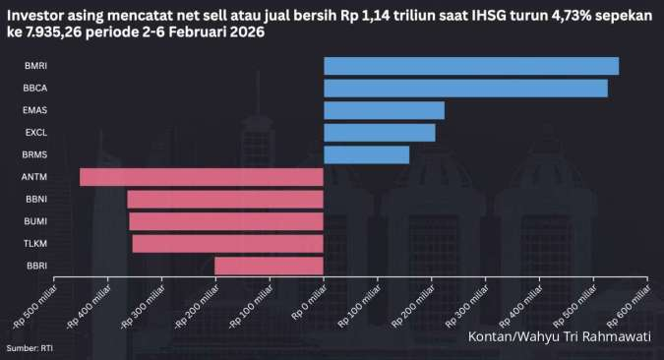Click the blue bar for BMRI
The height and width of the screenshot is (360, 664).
471,66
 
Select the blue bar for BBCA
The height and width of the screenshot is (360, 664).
465,89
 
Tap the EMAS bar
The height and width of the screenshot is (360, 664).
384,110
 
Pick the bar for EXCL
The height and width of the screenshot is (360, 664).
379,133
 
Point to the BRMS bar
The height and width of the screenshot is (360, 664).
366,154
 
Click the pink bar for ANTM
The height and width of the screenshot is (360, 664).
202,177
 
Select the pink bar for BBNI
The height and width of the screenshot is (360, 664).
225,200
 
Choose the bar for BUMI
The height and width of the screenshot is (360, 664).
226,221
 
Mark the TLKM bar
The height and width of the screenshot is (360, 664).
228,244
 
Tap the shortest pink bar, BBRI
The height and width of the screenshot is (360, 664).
269,266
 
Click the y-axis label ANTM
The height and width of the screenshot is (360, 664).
34,177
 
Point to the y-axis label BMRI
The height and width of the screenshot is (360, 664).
34,66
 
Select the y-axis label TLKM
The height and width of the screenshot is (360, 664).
34,244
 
